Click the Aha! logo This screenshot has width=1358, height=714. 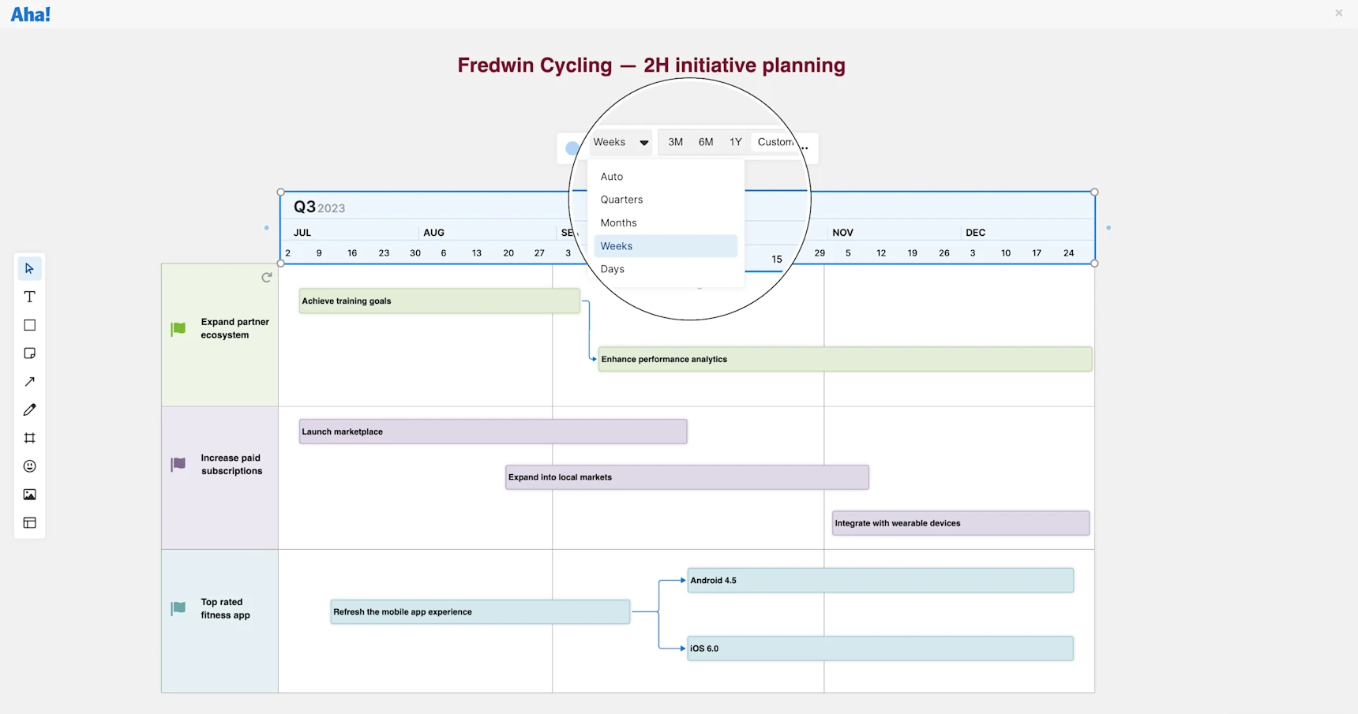pyautogui.click(x=31, y=15)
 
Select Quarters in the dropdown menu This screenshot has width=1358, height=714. pyautogui.click(x=621, y=200)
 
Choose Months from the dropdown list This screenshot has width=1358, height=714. pyautogui.click(x=618, y=223)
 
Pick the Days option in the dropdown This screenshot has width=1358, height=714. pyautogui.click(x=612, y=269)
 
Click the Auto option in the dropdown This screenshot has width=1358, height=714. pyautogui.click(x=611, y=177)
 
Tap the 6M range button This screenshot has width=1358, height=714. pyautogui.click(x=706, y=142)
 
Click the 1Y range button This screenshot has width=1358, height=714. pyautogui.click(x=735, y=142)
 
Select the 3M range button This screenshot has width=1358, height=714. pyautogui.click(x=675, y=142)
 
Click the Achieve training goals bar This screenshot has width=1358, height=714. pyautogui.click(x=439, y=301)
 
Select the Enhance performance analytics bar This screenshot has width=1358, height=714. pyautogui.click(x=845, y=359)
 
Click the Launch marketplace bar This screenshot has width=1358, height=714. pyautogui.click(x=493, y=432)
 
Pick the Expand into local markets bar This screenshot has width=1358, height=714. pyautogui.click(x=687, y=477)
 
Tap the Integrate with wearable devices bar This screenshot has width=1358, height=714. pyautogui.click(x=960, y=523)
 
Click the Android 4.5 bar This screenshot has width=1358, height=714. pyautogui.click(x=880, y=581)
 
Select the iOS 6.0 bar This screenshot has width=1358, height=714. pyautogui.click(x=880, y=649)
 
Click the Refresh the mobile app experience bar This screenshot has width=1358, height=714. pyautogui.click(x=480, y=612)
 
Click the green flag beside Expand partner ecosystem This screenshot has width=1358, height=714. pyautogui.click(x=178, y=329)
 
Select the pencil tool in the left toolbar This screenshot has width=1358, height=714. pyautogui.click(x=30, y=410)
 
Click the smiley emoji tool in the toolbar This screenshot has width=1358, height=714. pyautogui.click(x=30, y=466)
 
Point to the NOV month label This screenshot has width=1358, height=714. pyautogui.click(x=842, y=233)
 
